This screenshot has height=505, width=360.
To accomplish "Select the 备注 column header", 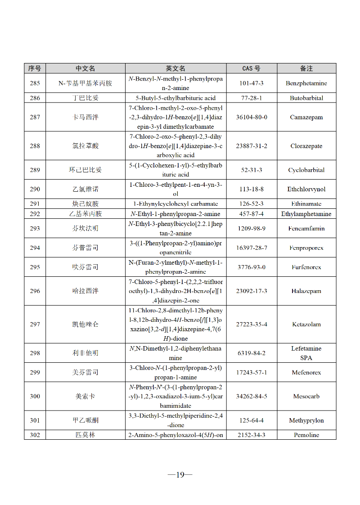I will coord(306,68).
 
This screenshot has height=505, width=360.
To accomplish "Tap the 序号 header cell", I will coord(35,68).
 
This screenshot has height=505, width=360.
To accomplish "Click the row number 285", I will coord(35,83).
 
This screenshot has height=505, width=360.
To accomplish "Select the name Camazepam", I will coord(306,117).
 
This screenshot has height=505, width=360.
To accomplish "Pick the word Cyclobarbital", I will coord(306,170).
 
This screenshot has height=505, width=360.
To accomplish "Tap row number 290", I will coord(35,189).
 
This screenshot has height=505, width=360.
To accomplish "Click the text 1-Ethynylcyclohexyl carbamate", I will coord(175,203).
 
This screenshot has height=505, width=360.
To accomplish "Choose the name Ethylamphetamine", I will coord(306,214).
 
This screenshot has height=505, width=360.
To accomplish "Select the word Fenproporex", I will coord(306,248).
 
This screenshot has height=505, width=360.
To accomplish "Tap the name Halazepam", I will coord(306,291).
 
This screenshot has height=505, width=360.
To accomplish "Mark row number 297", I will coord(35,324).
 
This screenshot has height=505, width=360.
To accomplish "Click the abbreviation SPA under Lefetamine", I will coord(306,358).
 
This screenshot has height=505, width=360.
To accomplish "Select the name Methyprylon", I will coord(306,420).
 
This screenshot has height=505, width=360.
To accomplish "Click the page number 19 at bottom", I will coord(180,474).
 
